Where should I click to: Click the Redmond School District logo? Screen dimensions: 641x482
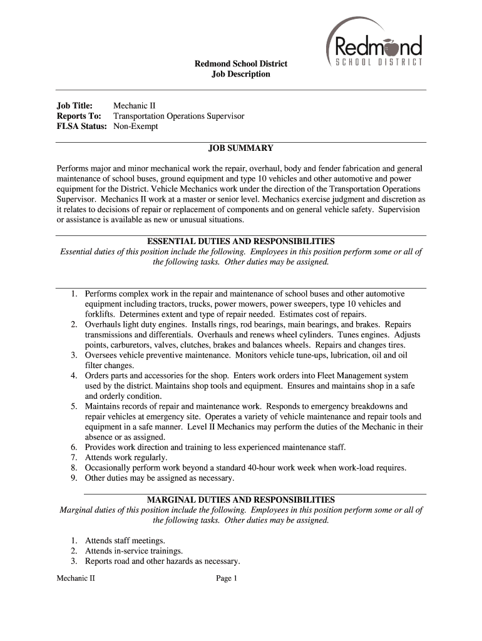375,44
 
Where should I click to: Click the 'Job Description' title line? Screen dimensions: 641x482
241,74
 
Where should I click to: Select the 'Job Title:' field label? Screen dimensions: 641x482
75,106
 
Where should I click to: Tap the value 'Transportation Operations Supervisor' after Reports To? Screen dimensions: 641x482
178,116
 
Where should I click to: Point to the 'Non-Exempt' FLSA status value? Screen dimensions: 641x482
136,126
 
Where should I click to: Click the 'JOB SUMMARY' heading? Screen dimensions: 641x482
241,148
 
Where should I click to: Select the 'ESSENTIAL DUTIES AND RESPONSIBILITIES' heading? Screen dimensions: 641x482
241,241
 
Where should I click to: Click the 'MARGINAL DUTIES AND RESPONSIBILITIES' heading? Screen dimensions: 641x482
241,500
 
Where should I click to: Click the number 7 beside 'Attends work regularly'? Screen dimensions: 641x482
73,458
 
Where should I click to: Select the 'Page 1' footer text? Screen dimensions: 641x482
227,579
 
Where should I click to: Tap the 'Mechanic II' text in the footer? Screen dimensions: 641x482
76,579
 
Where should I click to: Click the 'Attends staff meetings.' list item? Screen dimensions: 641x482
125,541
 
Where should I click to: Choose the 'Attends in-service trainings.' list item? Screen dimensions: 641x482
134,551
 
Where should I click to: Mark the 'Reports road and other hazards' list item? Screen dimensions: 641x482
163,562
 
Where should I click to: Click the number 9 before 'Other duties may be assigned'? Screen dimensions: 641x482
73,478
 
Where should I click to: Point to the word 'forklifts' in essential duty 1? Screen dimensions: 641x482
100,314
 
